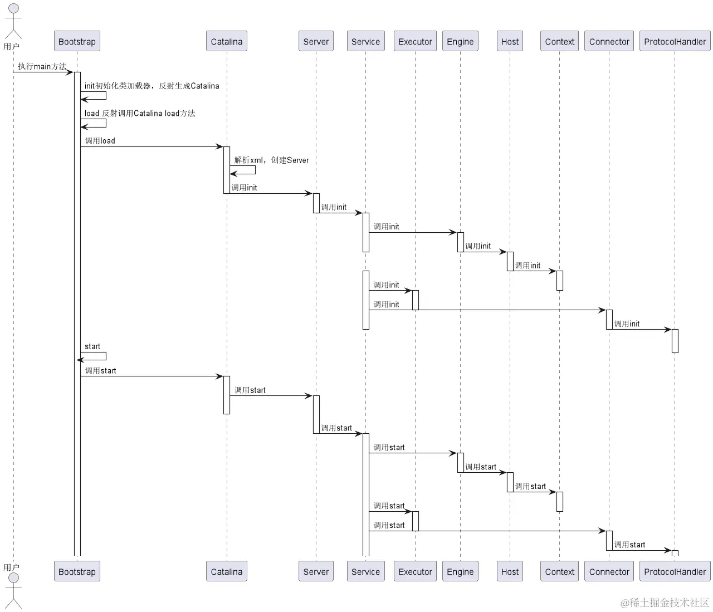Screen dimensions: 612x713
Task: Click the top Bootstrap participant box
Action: [77, 41]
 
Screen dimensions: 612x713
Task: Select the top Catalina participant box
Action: [226, 41]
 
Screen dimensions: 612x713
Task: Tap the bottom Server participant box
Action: [316, 571]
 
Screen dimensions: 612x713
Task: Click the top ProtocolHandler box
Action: [675, 41]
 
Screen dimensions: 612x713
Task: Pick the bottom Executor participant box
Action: [415, 571]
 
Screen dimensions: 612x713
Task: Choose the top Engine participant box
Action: [460, 41]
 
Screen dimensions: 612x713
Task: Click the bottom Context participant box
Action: [559, 571]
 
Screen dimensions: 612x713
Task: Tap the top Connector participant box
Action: [609, 41]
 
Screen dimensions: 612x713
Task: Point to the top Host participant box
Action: [510, 41]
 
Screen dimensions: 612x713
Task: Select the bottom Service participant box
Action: [365, 571]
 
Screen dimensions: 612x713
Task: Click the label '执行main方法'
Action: [42, 66]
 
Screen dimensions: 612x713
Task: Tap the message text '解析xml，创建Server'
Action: [271, 160]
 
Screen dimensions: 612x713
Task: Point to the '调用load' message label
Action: [100, 141]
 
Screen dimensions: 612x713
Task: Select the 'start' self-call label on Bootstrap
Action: [92, 346]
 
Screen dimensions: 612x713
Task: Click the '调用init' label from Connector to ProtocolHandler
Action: [627, 324]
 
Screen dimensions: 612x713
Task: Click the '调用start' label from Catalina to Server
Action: [250, 390]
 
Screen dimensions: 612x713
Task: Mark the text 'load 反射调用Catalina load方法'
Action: [140, 113]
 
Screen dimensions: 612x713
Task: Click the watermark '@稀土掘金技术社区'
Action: [665, 603]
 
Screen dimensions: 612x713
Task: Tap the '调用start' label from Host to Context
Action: [530, 486]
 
